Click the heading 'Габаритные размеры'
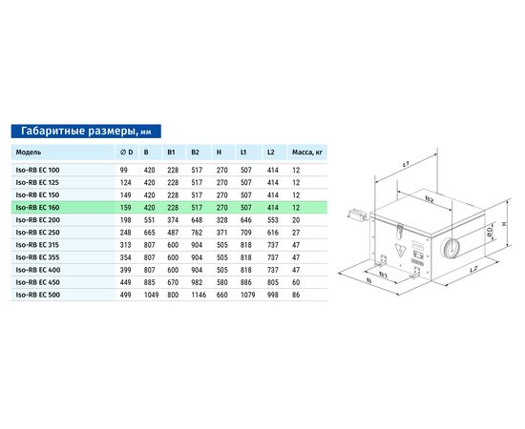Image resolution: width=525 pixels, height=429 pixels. point(78,131)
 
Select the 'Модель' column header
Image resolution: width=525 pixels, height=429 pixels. point(29,153)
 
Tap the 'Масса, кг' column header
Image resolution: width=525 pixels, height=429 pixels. point(307,153)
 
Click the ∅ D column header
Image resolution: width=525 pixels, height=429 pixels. point(126,153)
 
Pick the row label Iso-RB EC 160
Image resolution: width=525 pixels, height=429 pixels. point(37,208)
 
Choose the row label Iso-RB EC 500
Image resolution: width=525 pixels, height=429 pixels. point(38,295)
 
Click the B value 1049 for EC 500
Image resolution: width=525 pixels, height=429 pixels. point(152,295)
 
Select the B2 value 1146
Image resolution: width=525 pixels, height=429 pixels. point(199,295)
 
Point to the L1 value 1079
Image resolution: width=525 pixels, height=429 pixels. point(248,295)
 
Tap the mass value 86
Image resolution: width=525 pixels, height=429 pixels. point(296,295)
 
